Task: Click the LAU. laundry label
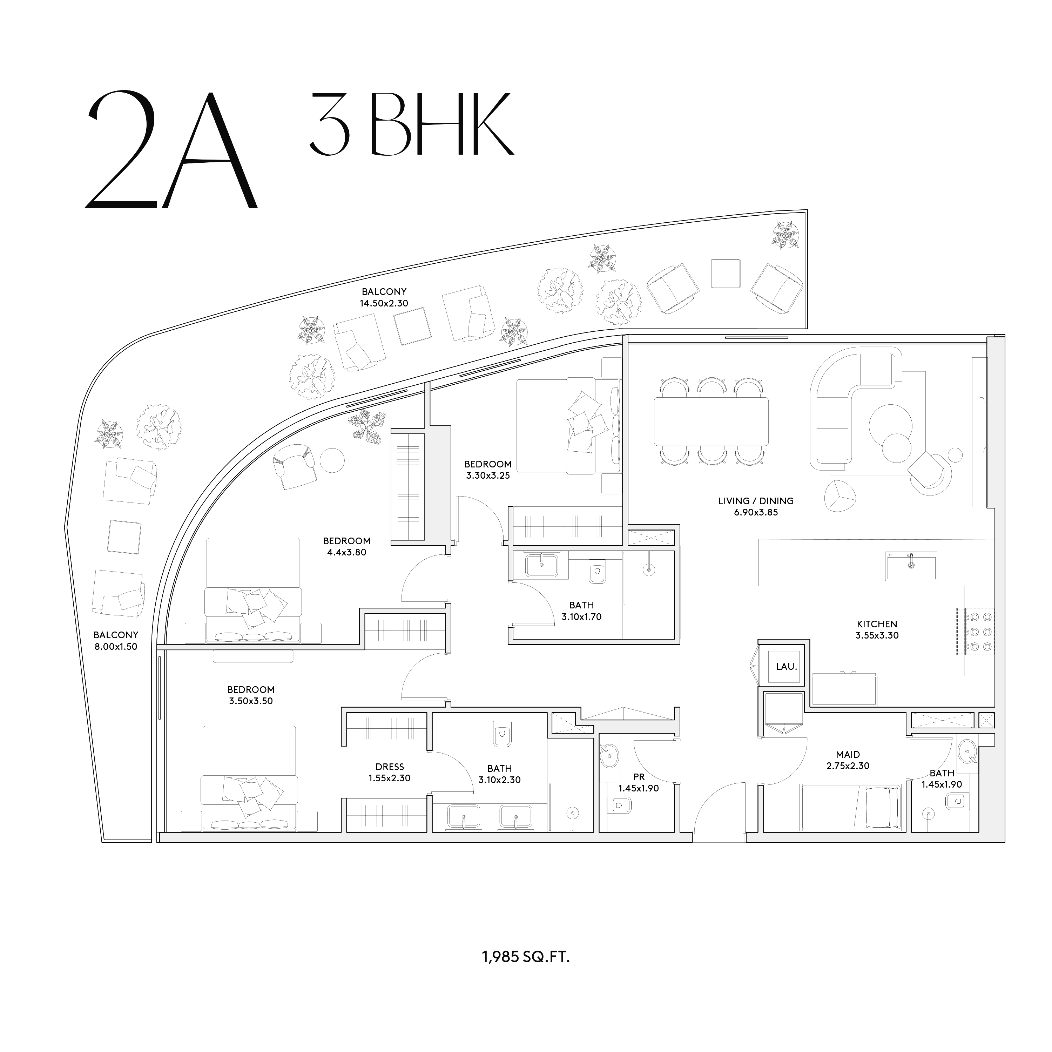(786, 667)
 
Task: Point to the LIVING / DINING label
(756, 501)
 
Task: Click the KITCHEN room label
(877, 624)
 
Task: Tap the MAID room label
(848, 755)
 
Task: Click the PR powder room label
(639, 777)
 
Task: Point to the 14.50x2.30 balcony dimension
(384, 303)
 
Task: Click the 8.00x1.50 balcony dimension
(115, 647)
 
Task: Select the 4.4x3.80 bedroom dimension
(346, 553)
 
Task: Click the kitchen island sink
(911, 566)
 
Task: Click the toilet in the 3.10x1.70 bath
(597, 572)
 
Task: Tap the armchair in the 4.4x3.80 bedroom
(294, 466)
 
